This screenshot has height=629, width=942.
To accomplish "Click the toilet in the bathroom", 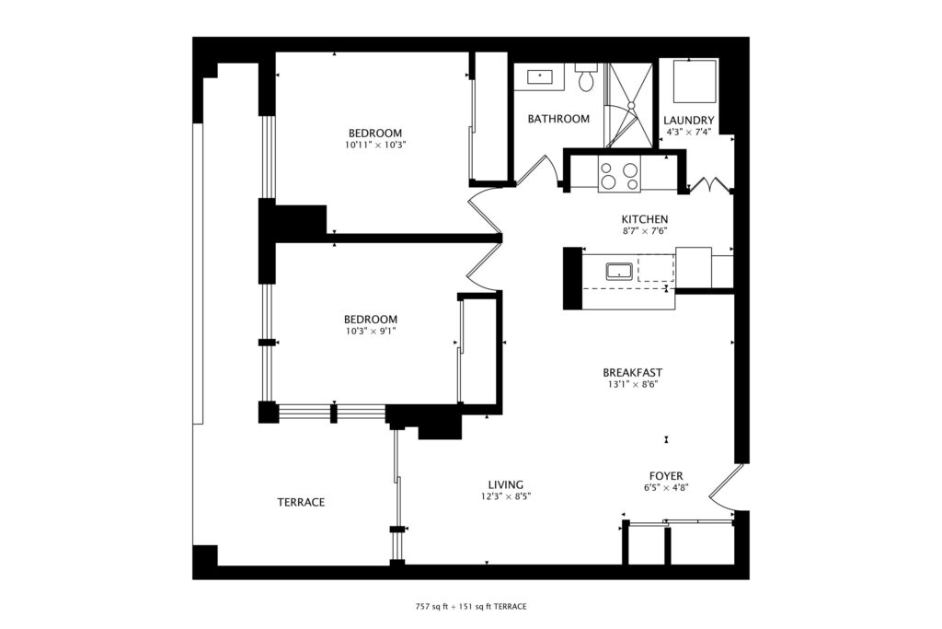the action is (x=586, y=77).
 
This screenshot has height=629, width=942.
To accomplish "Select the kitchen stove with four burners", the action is (x=619, y=174).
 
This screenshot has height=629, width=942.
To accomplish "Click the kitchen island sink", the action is (x=619, y=272).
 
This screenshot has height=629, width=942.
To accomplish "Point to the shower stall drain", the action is (x=631, y=105).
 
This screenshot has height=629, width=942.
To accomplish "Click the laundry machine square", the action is (x=695, y=81).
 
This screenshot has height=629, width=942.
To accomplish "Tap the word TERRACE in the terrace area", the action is (x=301, y=502).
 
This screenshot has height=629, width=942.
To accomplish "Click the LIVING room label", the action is (x=505, y=484).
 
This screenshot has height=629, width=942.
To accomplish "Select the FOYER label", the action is (x=666, y=476).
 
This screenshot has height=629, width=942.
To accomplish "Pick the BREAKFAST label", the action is (x=633, y=373).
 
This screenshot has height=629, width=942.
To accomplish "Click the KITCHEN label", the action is (x=645, y=219).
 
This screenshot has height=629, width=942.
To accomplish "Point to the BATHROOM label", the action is (x=558, y=119).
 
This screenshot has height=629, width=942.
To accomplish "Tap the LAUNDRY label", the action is (x=688, y=121).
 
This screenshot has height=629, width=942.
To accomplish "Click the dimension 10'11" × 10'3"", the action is (x=375, y=145).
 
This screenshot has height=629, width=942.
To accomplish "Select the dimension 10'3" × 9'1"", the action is (x=370, y=331).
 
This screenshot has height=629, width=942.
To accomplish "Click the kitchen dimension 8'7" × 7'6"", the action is (x=645, y=231).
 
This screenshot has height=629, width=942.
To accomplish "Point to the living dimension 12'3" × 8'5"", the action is (x=506, y=496).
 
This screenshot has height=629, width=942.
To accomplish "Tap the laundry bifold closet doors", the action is (x=710, y=184).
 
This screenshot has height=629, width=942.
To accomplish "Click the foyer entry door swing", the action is (x=721, y=488).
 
